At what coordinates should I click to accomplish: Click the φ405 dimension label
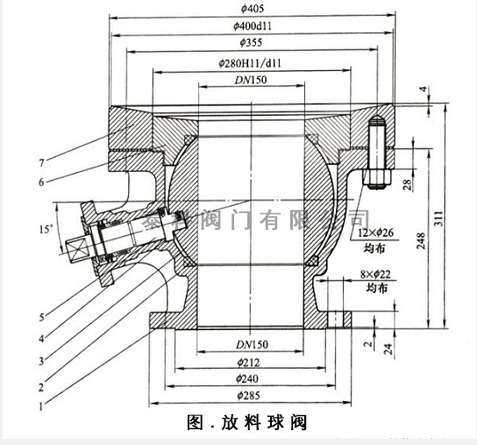[254, 9]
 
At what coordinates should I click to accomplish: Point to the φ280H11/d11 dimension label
[254, 63]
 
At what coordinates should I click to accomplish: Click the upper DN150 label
[253, 81]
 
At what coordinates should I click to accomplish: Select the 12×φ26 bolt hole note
[379, 233]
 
